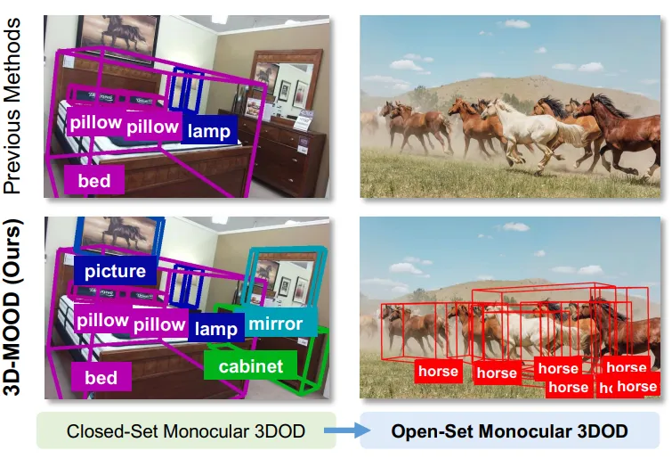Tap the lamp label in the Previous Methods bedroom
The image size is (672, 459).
pyautogui.click(x=209, y=131)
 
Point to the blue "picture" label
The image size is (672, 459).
pyautogui.click(x=116, y=270)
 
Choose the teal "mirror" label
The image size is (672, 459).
pyautogui.click(x=275, y=324)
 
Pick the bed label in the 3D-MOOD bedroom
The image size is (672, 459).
pyautogui.click(x=101, y=378)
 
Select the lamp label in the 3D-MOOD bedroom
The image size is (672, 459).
pyautogui.click(x=216, y=329)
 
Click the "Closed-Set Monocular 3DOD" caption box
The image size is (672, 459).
pyautogui.click(x=186, y=431)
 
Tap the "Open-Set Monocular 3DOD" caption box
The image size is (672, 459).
pyautogui.click(x=510, y=431)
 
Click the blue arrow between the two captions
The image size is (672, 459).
pyautogui.click(x=347, y=431)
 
